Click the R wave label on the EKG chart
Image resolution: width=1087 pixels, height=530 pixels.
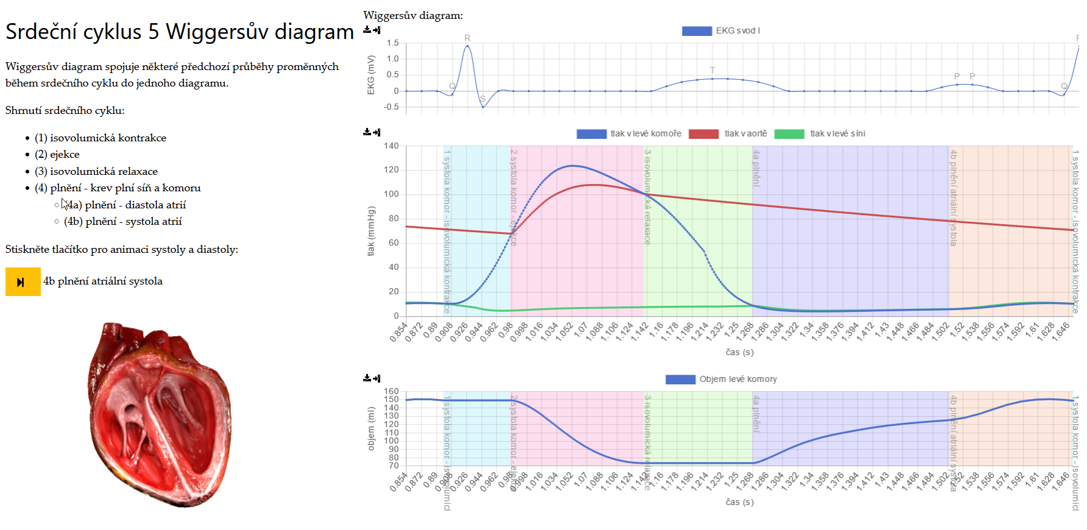467,38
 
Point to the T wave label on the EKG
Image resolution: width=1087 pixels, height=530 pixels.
712,70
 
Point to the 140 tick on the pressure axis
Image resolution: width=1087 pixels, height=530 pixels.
391,146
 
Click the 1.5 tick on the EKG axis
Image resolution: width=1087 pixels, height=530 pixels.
392,43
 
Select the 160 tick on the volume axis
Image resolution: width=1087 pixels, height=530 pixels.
391,392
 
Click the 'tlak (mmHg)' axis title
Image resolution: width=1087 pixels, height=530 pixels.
371,231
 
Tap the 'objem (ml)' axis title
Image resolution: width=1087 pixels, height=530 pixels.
371,429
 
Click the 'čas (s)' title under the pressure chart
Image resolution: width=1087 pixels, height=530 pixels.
739,352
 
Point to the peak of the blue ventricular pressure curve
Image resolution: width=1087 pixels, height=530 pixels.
572,166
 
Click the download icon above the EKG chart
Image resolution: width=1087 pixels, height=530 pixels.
367,30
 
